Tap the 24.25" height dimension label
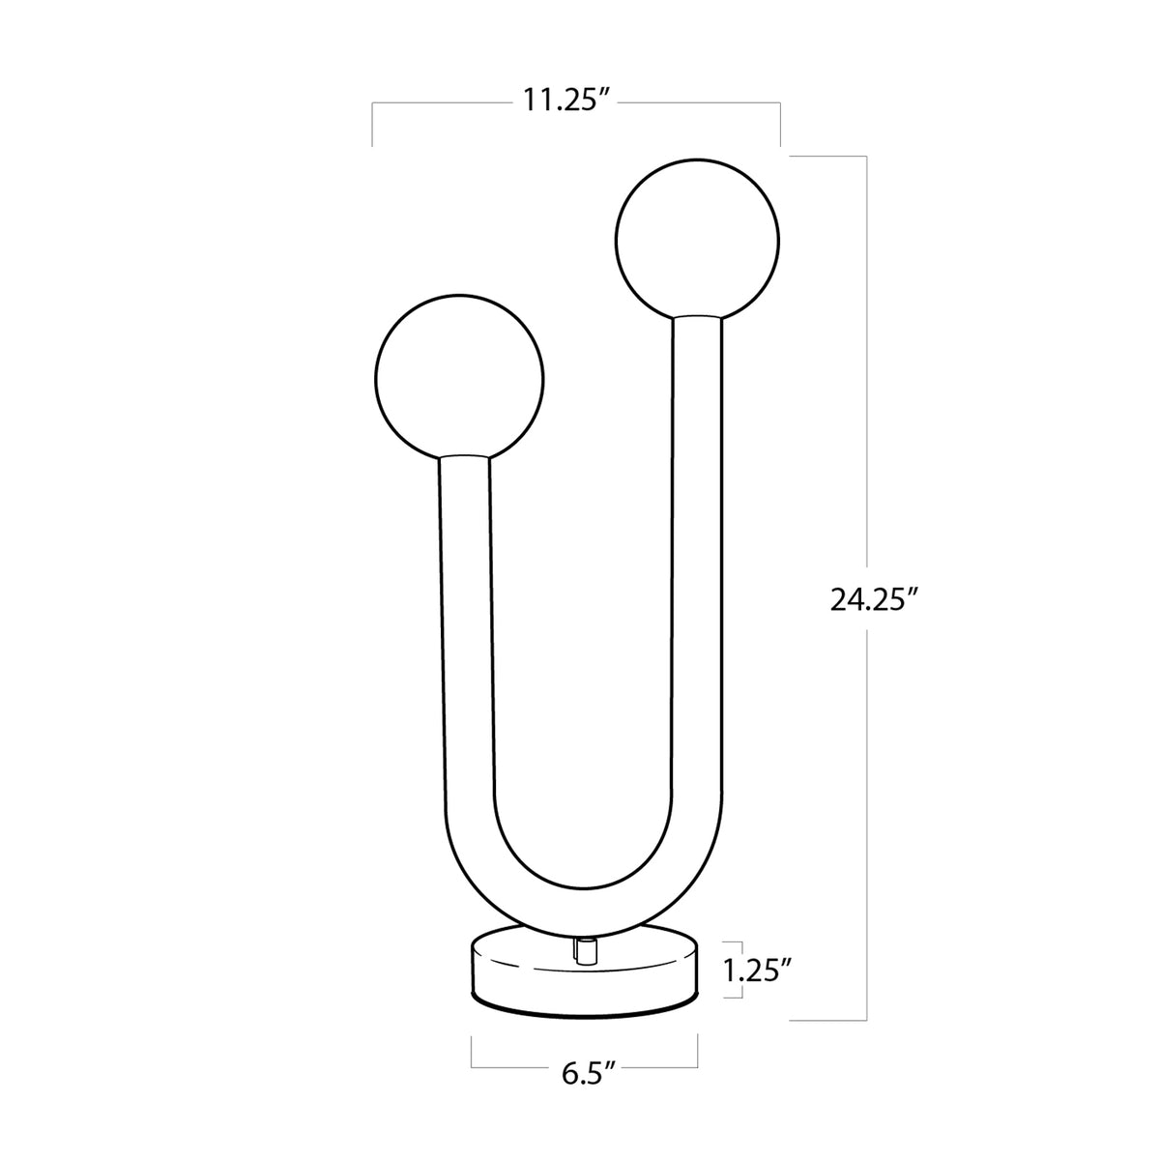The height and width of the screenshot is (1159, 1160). coord(873,600)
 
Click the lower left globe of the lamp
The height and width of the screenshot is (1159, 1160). coord(458,374)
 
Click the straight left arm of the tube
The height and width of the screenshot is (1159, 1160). coord(465,628)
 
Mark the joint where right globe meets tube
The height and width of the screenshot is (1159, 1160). coord(696,317)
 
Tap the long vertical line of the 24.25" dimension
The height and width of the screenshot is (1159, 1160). coord(866,387)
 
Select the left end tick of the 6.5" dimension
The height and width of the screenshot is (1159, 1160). coord(472,1051)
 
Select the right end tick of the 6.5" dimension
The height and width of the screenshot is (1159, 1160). coord(698,1051)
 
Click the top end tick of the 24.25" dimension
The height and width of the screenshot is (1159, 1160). coord(828,157)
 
